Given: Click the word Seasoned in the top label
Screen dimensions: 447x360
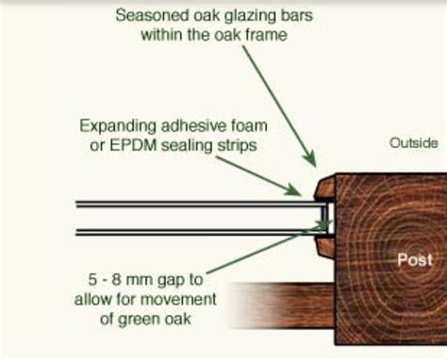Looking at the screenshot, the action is [x=152, y=15].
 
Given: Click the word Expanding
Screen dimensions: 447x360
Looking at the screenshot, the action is [x=118, y=126].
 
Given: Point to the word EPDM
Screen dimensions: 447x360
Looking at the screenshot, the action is [x=133, y=145].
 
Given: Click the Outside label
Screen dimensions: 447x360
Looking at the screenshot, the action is [x=413, y=143].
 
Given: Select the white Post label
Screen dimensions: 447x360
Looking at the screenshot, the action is [x=415, y=260].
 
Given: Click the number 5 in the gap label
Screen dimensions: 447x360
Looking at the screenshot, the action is [x=92, y=280].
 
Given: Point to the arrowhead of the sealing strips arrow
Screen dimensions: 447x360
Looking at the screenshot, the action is [x=293, y=189].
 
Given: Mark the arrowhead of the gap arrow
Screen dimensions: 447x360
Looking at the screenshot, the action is [x=323, y=225].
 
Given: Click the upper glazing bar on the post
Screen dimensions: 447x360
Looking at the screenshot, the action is [x=325, y=188].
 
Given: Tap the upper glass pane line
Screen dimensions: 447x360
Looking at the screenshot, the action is [x=201, y=205].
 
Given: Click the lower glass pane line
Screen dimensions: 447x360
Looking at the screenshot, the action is [x=201, y=232].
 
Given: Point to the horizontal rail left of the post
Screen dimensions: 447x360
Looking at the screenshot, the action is [x=283, y=305].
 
